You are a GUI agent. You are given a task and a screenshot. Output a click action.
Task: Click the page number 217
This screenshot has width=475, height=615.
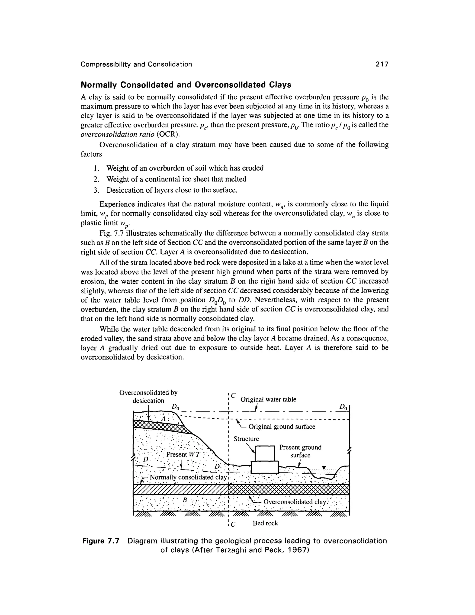[x=382, y=64]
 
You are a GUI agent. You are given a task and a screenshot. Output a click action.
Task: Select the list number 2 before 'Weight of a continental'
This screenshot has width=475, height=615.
[x=95, y=179]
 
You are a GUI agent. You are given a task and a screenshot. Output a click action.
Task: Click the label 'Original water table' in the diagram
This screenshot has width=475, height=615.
[x=268, y=399]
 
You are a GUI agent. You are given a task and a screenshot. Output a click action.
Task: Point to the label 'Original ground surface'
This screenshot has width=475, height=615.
[x=282, y=427]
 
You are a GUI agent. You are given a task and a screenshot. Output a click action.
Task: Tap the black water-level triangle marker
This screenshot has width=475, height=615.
[x=324, y=468]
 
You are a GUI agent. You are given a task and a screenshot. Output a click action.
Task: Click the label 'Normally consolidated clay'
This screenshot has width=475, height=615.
[x=188, y=477]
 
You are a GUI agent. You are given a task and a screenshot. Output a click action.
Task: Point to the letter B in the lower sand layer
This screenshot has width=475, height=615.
[x=185, y=500]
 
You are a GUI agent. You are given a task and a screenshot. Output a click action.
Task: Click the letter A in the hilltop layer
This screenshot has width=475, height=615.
[x=164, y=419]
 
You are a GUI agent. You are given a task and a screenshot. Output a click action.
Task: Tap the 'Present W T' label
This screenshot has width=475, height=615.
[x=183, y=454]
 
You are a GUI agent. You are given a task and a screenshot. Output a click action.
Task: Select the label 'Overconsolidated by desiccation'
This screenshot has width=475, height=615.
[x=148, y=396]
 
